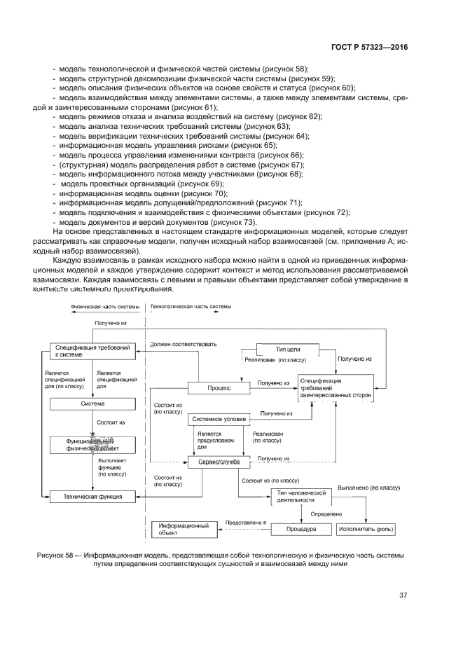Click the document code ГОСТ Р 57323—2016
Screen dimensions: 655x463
pos(369,48)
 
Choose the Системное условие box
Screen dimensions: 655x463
pos(219,419)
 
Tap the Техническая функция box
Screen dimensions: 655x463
pos(91,496)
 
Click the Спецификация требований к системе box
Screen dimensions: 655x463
pos(91,351)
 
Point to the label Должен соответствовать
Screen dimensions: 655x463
pos(184,344)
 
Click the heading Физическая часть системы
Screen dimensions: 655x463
pos(100,306)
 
